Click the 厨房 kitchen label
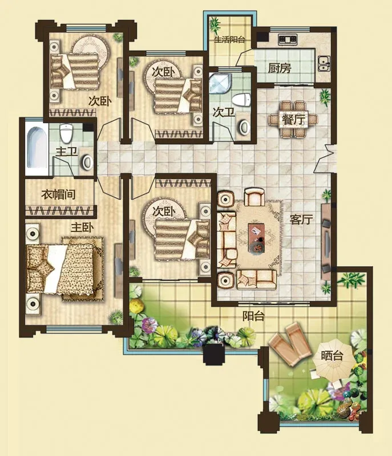280,68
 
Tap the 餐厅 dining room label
294,120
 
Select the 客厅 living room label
301,219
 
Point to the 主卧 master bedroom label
82,227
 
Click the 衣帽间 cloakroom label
58,194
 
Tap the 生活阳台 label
229,39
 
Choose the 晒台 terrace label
332,355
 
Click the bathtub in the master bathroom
37,148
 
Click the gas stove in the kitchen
288,39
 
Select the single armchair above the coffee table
254,197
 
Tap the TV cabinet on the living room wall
326,241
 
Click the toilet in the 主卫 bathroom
66,133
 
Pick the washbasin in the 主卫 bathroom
87,162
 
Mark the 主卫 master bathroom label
66,152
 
